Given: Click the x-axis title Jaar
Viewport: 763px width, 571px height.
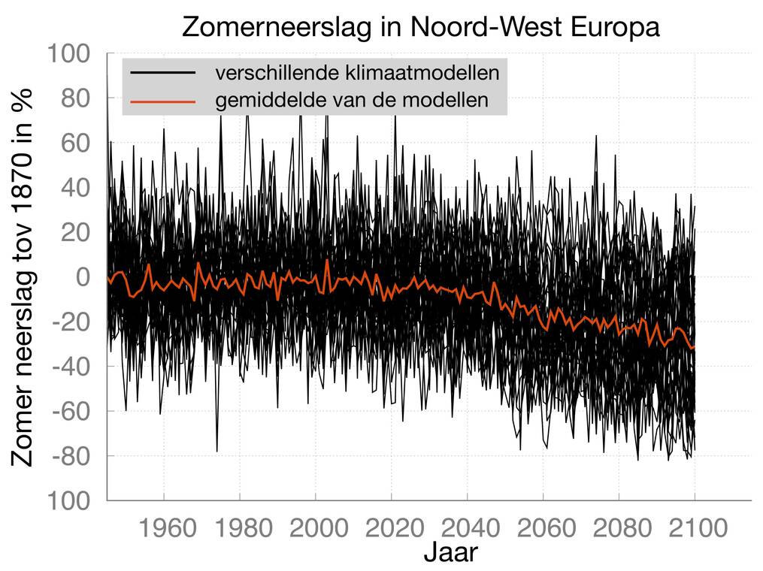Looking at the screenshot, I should pyautogui.click(x=450, y=553).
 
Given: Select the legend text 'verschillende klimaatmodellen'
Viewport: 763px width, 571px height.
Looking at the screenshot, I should pyautogui.click(x=358, y=74).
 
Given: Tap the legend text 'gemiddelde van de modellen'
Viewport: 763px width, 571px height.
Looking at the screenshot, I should pyautogui.click(x=353, y=100).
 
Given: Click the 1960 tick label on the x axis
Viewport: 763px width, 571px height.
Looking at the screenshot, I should pyautogui.click(x=163, y=528).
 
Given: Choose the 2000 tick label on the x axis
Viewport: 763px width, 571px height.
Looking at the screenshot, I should pyautogui.click(x=315, y=528).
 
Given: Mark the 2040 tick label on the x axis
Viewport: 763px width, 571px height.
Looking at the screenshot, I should pyautogui.click(x=467, y=528).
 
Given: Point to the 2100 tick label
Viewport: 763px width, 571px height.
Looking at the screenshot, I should pyautogui.click(x=695, y=528).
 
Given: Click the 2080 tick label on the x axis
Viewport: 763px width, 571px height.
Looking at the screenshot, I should pyautogui.click(x=619, y=528).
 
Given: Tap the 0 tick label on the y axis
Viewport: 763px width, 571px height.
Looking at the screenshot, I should pyautogui.click(x=83, y=277).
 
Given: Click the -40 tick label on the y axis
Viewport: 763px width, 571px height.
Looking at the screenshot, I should pyautogui.click(x=73, y=367).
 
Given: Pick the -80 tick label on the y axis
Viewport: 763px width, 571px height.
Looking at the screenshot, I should pyautogui.click(x=73, y=456).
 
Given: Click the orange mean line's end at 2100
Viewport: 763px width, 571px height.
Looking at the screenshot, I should pyautogui.click(x=695, y=347).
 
